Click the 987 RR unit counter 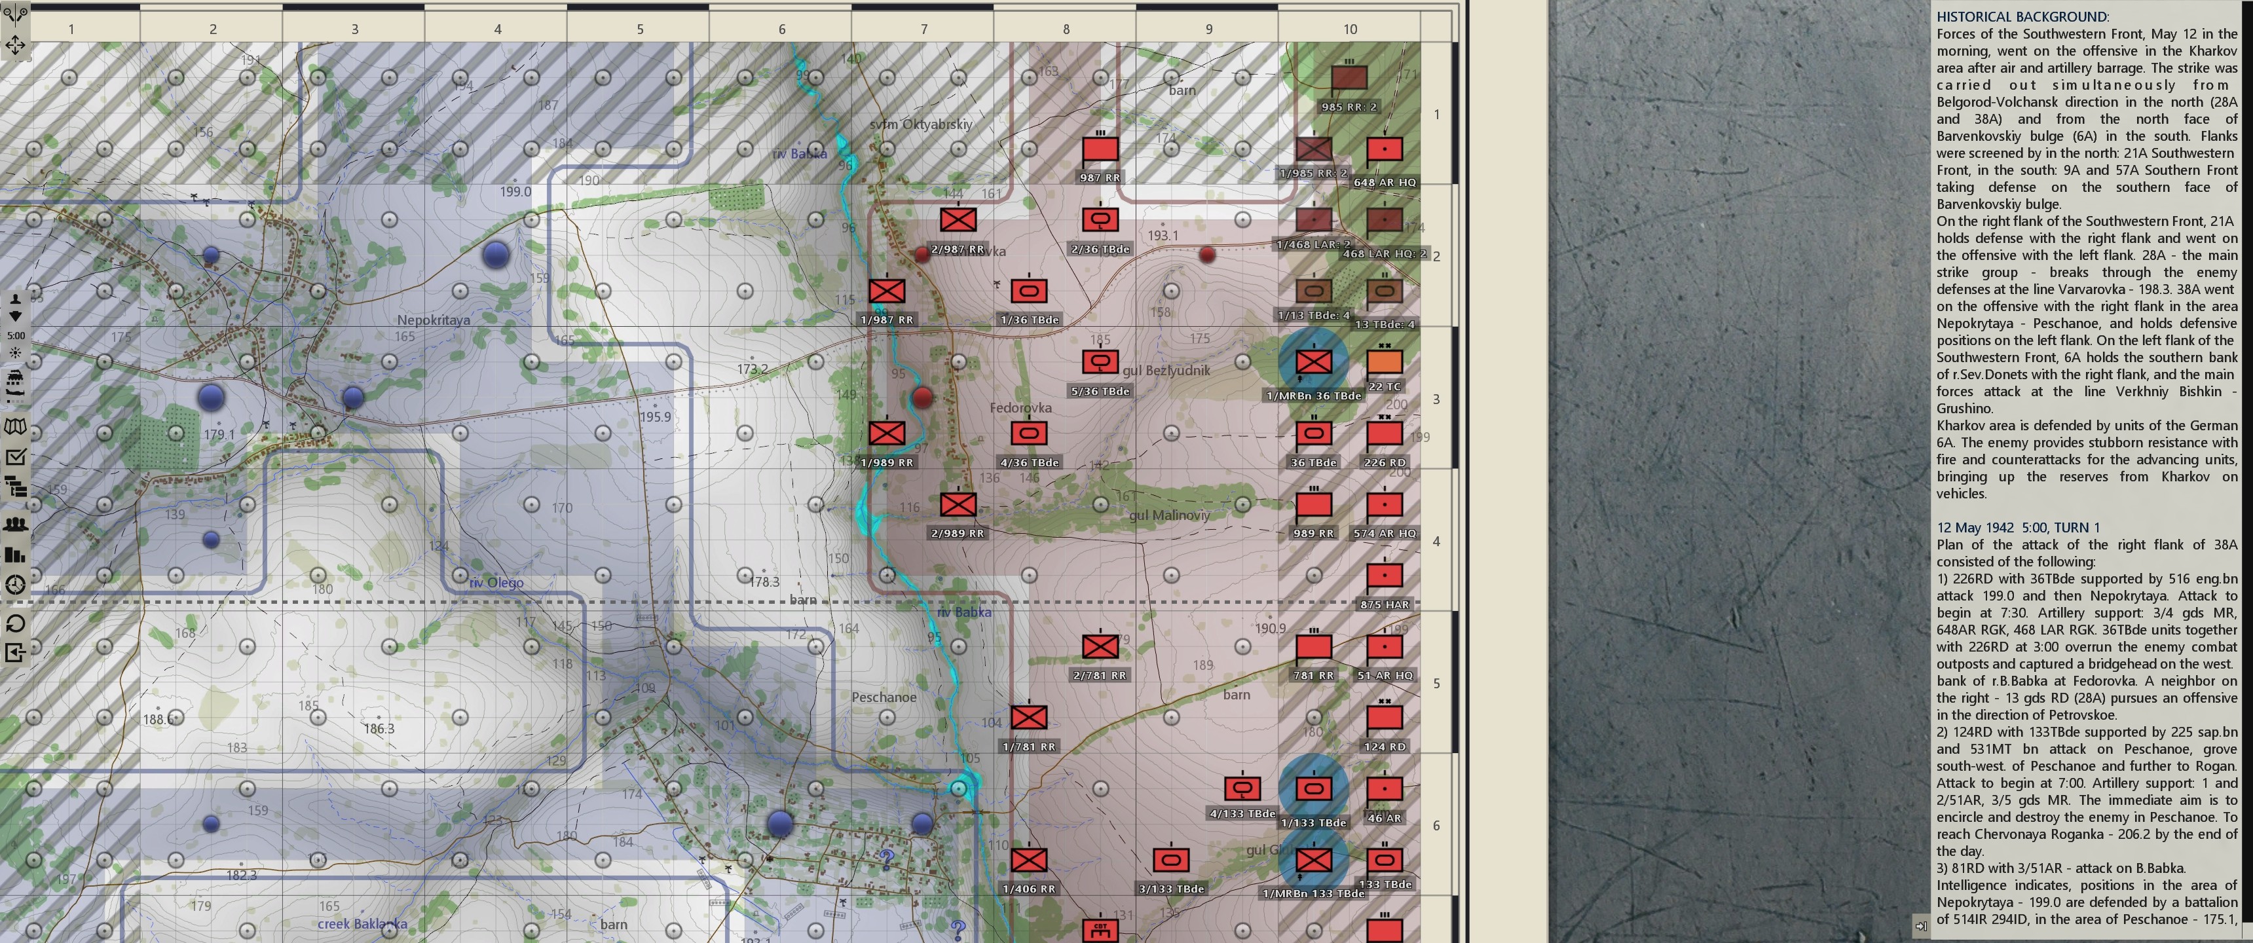click(1100, 149)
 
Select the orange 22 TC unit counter click(1384, 361)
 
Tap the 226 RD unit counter click(1384, 433)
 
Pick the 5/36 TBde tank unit click(1100, 361)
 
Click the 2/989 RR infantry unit click(958, 504)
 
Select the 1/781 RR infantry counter click(1028, 717)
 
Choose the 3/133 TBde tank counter click(1170, 860)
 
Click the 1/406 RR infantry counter click(1028, 860)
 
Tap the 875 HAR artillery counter click(1384, 576)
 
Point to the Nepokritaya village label click(433, 320)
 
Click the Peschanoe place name click(884, 697)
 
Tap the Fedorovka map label click(1020, 407)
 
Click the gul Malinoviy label click(1169, 515)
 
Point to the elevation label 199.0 click(515, 192)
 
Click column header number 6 click(781, 29)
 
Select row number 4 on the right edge click(1435, 542)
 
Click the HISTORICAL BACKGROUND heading click(2021, 16)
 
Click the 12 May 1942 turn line click(2016, 527)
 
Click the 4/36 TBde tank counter click(1028, 433)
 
